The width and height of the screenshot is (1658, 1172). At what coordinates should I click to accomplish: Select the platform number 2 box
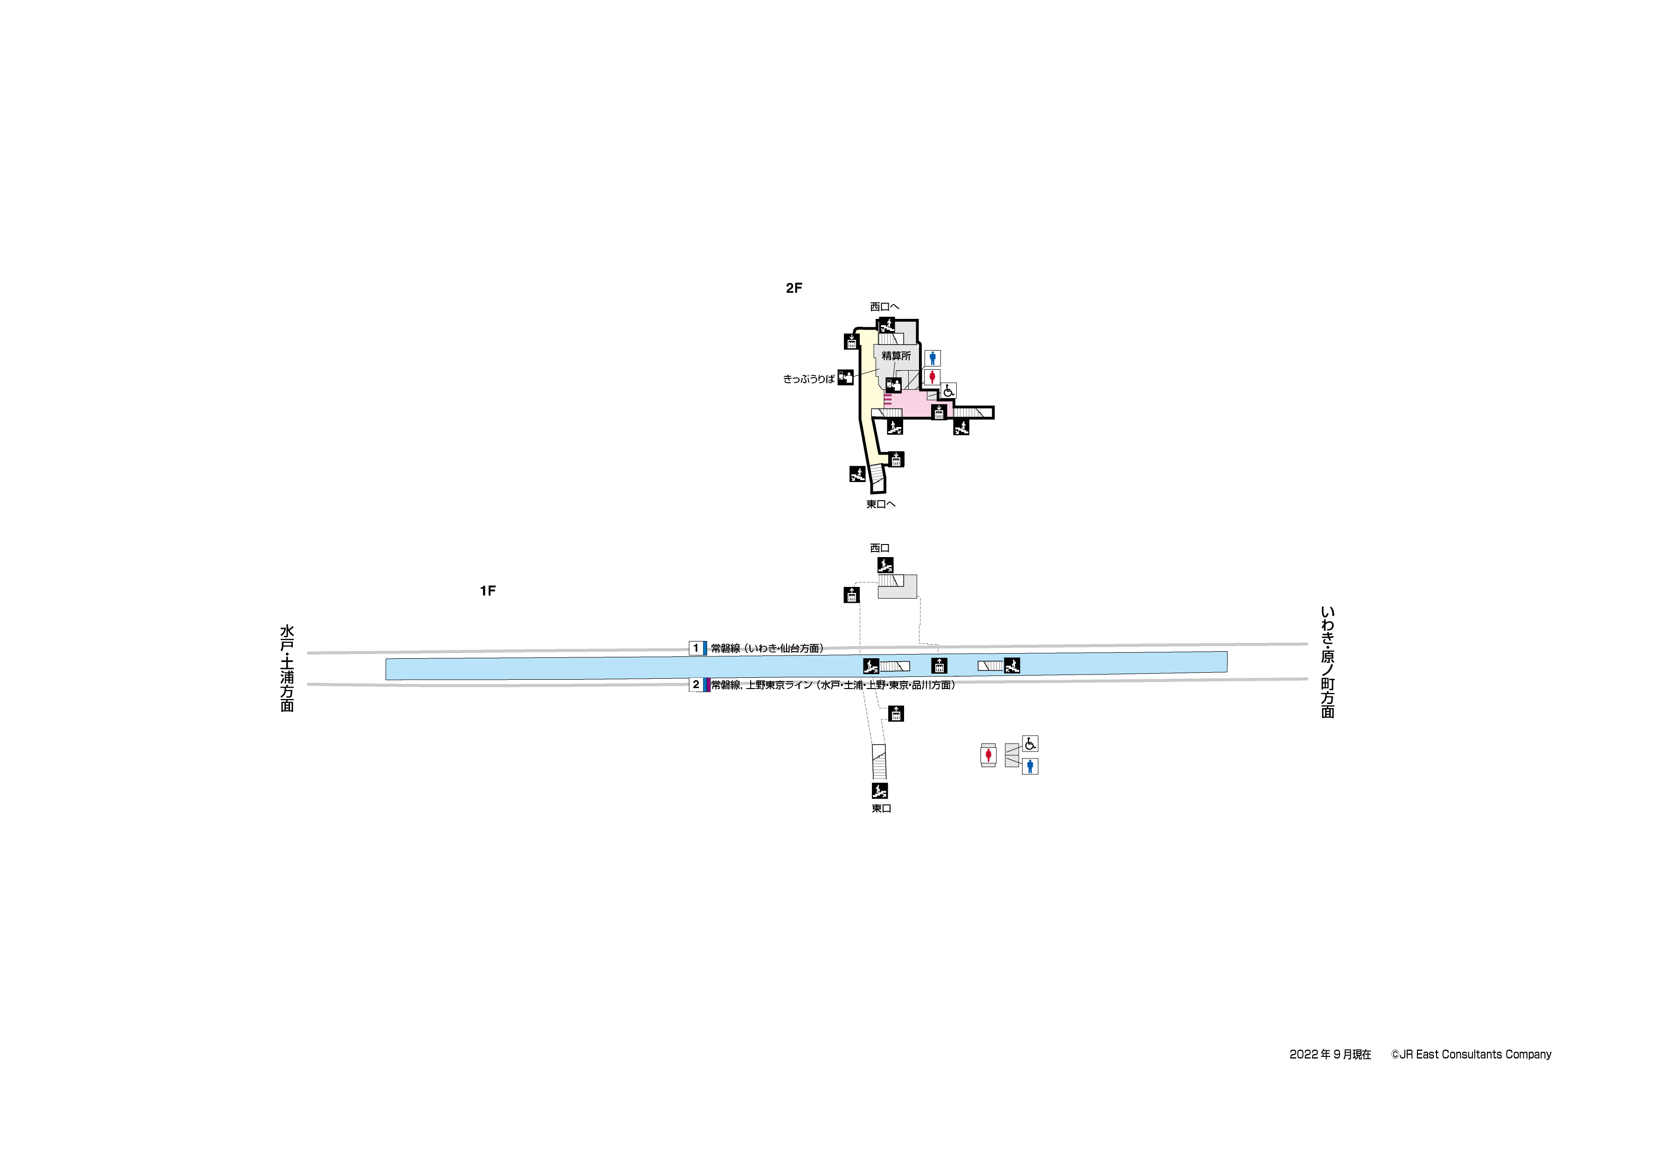(696, 684)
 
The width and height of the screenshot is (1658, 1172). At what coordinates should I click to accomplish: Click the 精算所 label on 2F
(896, 356)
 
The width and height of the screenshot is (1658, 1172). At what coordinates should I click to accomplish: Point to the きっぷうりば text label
(809, 379)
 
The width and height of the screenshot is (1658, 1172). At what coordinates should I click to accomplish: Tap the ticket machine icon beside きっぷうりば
(846, 378)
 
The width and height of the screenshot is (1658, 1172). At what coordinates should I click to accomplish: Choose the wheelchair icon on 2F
(948, 391)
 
